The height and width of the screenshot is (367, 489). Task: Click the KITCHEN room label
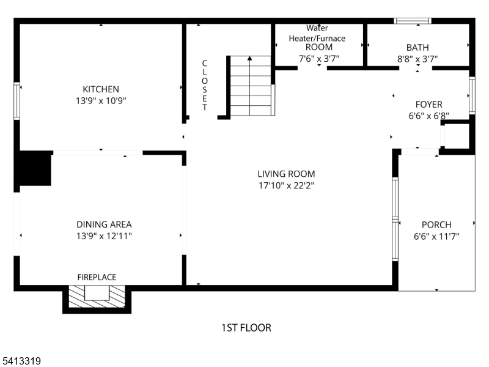click(x=101, y=89)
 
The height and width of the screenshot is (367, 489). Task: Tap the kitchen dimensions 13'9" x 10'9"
click(x=101, y=101)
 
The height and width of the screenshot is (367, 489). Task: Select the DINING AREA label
click(x=104, y=224)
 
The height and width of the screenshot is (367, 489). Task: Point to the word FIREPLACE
click(x=97, y=277)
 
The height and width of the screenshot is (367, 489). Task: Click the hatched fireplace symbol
click(x=97, y=296)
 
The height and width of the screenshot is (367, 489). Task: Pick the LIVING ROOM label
click(x=286, y=174)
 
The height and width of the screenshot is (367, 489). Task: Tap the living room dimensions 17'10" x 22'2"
click(x=286, y=186)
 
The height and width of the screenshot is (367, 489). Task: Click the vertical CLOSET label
click(x=205, y=85)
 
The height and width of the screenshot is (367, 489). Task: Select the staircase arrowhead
click(x=249, y=58)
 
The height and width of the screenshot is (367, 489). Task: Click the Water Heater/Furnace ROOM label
click(x=317, y=38)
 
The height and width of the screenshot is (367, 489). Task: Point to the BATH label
click(x=417, y=48)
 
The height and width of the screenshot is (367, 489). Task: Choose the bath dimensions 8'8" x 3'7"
click(x=417, y=59)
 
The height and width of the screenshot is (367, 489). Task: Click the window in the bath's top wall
click(x=412, y=21)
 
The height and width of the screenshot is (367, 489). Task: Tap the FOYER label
click(x=429, y=104)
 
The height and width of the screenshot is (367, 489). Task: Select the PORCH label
click(x=436, y=224)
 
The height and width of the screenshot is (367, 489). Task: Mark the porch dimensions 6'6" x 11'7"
click(x=436, y=237)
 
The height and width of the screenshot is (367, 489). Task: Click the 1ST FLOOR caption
click(x=246, y=328)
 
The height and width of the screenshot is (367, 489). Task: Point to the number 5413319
click(x=21, y=361)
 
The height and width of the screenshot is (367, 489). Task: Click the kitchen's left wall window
click(x=17, y=101)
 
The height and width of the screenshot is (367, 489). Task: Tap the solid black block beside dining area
click(x=35, y=169)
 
